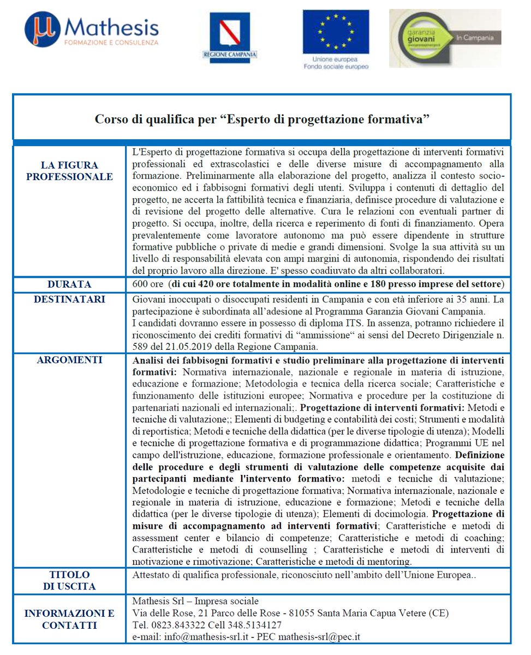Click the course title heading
point(261,118)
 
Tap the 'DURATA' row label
point(69,284)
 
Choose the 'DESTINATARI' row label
point(69,300)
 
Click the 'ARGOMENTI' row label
point(69,360)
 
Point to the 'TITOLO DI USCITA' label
point(69,580)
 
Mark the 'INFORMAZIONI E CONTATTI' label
point(69,620)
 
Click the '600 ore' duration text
point(148,284)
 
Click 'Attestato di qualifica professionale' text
point(205,574)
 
